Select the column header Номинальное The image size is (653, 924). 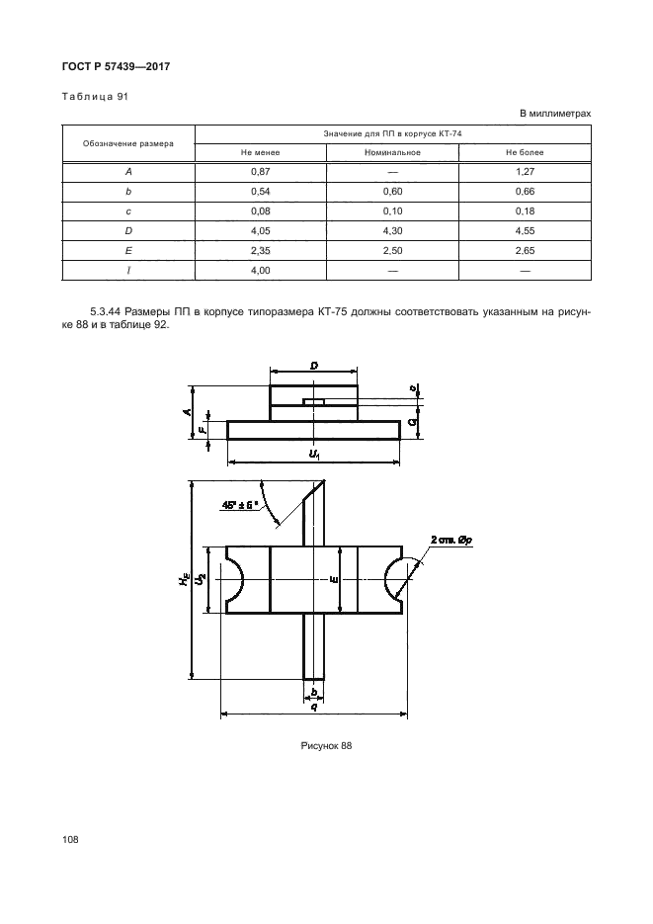(393, 153)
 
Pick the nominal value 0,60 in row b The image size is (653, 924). (393, 190)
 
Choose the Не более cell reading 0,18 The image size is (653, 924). (525, 210)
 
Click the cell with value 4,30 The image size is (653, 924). (393, 230)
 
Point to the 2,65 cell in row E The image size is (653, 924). (525, 250)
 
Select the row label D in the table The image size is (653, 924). (129, 230)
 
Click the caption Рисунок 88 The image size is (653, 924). (326, 745)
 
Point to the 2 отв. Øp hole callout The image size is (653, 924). (454, 539)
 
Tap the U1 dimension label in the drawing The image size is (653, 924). (314, 454)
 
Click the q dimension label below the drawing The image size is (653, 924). (313, 707)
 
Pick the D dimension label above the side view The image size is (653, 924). (313, 367)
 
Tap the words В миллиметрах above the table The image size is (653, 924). (555, 113)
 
